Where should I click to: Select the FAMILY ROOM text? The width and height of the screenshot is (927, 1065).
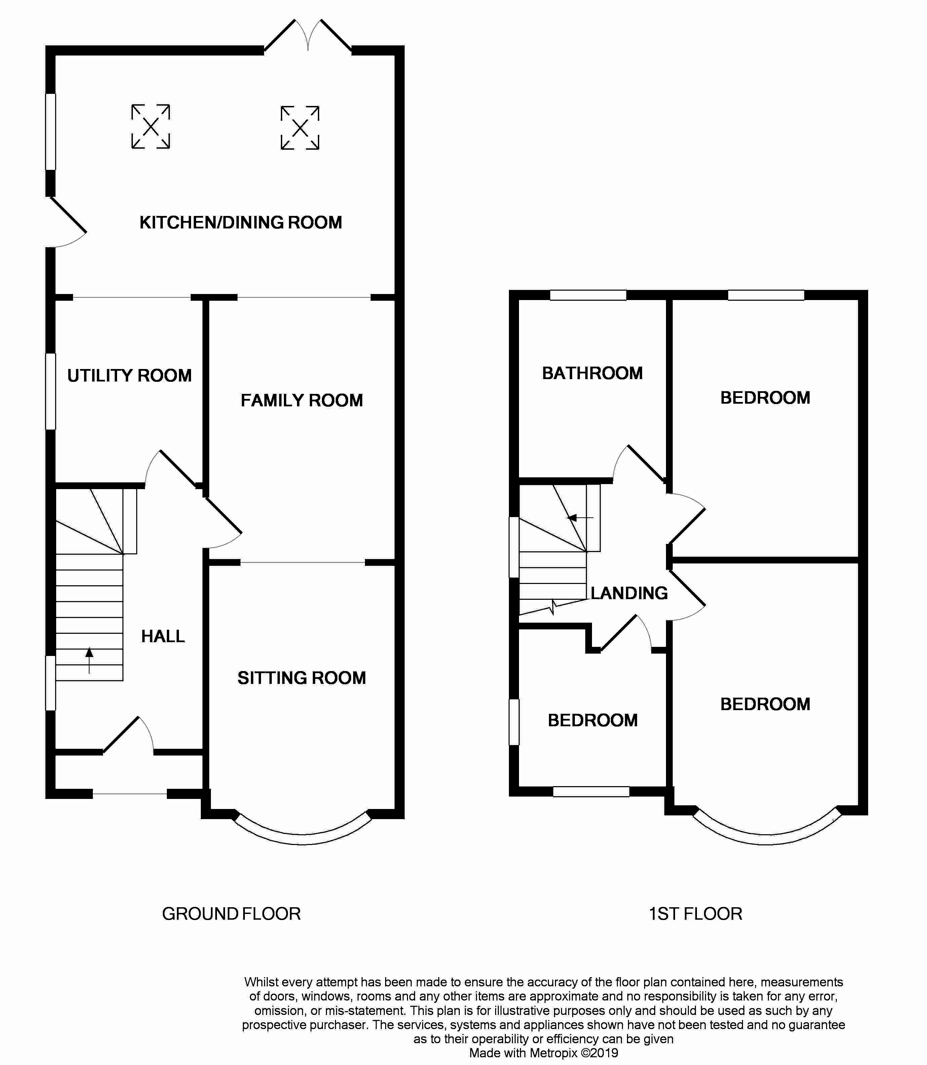click(302, 400)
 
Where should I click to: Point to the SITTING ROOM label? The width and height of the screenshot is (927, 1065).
click(302, 678)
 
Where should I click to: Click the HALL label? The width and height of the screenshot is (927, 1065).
click(163, 636)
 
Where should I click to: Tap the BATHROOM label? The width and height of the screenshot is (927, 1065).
click(592, 373)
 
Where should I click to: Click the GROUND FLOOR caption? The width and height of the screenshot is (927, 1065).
click(231, 914)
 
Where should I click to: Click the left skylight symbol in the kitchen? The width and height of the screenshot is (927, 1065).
click(151, 127)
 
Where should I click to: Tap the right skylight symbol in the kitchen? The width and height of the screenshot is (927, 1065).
click(300, 128)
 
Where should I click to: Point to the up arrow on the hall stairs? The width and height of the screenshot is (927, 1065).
click(89, 661)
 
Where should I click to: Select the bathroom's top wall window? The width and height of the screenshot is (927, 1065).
click(588, 295)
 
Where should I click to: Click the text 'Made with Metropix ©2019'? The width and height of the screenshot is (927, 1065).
click(543, 1053)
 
